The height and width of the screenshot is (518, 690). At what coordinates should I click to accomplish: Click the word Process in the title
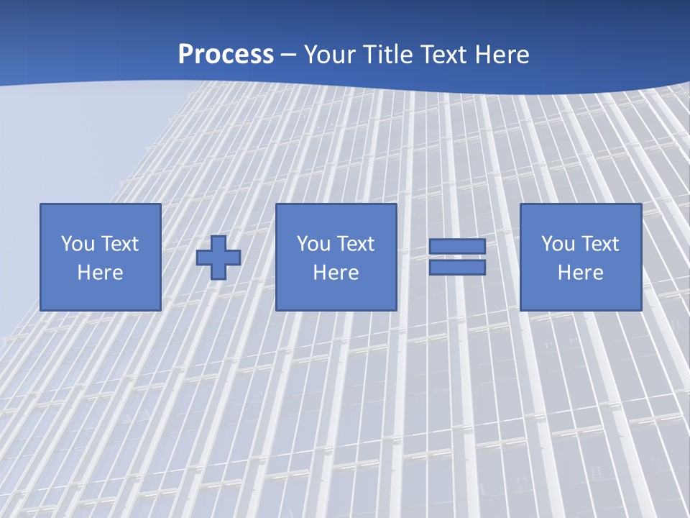pos(226,55)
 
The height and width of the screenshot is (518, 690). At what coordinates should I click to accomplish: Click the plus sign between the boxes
pos(218,257)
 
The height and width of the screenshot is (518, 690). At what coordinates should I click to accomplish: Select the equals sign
pos(457,257)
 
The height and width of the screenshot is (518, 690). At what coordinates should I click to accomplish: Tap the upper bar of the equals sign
pos(457,247)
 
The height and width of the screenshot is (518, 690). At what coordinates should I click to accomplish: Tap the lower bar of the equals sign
pos(457,268)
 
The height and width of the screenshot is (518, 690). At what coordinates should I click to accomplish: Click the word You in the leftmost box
pos(78,244)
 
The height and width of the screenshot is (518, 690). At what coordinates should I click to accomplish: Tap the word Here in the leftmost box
pos(100,273)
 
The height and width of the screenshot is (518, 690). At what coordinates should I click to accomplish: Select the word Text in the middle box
pos(356,244)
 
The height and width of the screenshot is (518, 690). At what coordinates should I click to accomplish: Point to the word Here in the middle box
pos(336,273)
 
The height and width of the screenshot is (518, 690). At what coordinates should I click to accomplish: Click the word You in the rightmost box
pos(558,244)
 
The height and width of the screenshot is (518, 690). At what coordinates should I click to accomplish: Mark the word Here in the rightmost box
pos(580,273)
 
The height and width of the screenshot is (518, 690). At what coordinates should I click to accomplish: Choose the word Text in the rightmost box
pos(600,244)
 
